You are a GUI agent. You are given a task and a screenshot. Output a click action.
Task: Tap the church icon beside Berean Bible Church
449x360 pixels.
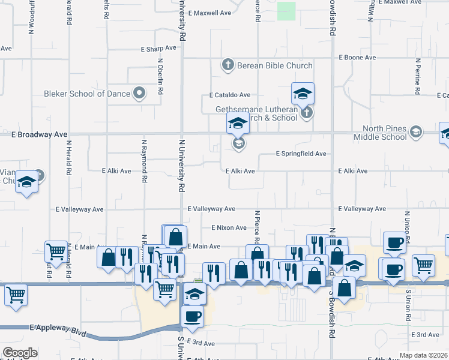[228, 65]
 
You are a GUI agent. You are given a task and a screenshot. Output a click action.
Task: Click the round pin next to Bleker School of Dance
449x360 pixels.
[140, 92]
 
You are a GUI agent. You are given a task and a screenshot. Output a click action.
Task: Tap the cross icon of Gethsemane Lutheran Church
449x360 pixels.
[306, 112]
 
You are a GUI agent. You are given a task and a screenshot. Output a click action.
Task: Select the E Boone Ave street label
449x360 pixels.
[357, 58]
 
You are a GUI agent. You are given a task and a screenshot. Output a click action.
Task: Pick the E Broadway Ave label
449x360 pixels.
[40, 134]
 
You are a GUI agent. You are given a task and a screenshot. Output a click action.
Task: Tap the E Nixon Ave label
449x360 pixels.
[229, 228]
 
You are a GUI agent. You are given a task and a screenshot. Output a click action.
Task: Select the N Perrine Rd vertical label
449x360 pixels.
[415, 77]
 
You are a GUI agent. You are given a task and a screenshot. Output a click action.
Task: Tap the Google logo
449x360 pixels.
[20, 353]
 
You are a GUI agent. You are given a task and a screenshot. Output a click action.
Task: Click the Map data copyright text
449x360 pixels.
[423, 355]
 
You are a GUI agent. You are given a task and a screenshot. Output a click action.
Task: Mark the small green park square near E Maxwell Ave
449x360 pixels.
[287, 11]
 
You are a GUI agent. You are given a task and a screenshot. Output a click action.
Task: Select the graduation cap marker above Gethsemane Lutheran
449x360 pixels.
[303, 93]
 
